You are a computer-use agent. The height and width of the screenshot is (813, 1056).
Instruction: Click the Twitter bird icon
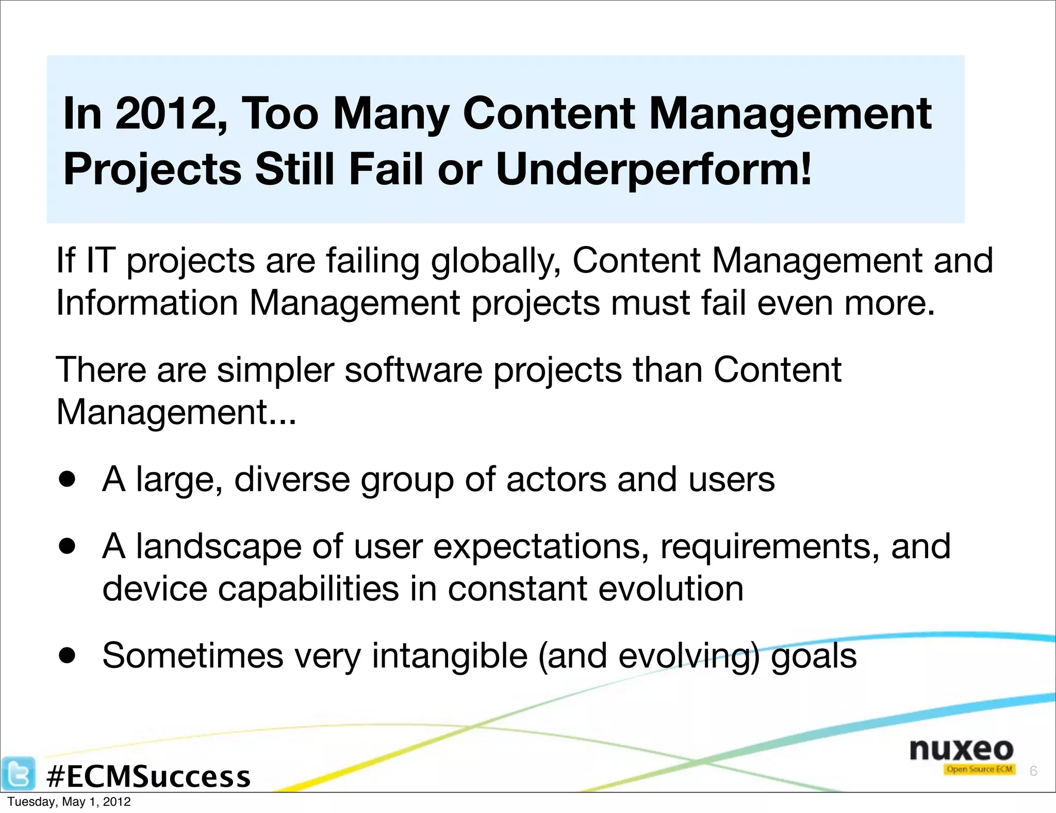click(19, 773)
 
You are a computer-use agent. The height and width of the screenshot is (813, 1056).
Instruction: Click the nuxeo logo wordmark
click(961, 749)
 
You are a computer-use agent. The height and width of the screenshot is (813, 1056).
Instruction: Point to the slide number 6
click(1033, 771)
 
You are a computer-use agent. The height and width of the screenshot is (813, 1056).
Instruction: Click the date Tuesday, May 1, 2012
click(69, 802)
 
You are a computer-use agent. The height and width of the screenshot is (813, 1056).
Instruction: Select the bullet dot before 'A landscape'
click(67, 546)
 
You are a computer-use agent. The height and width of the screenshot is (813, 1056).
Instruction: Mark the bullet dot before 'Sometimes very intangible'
click(67, 656)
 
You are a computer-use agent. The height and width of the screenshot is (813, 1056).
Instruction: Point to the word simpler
click(275, 370)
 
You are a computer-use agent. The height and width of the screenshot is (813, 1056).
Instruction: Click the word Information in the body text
click(147, 303)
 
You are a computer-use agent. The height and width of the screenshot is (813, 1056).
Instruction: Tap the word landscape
click(218, 547)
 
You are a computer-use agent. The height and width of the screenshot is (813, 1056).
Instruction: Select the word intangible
click(450, 656)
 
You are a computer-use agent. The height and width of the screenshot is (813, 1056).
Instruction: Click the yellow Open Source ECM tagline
click(979, 769)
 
